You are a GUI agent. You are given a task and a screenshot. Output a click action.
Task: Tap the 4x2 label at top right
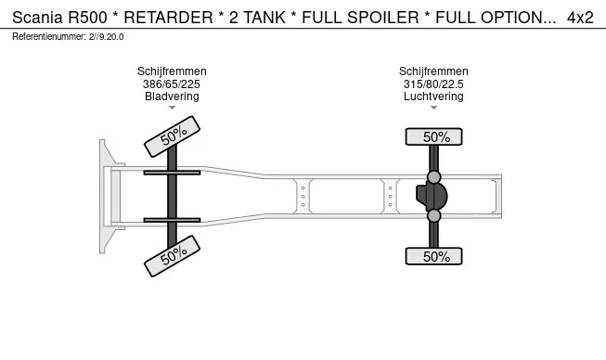(x=580, y=18)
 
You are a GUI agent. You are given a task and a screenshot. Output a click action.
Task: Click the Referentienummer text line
(x=68, y=36)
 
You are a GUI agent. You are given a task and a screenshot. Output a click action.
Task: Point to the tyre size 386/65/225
(x=172, y=84)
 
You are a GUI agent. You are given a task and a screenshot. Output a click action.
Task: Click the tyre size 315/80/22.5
(x=433, y=84)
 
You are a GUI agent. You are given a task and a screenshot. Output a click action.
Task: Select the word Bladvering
(x=172, y=96)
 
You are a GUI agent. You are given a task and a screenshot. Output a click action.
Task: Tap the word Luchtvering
(x=433, y=96)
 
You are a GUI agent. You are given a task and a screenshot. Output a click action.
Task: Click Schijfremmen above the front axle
(x=172, y=71)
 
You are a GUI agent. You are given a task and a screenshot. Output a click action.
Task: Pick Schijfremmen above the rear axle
(x=433, y=71)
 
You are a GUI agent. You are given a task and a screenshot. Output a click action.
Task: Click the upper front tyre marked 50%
(x=173, y=136)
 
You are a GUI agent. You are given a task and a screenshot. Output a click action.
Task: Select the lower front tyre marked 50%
(x=173, y=256)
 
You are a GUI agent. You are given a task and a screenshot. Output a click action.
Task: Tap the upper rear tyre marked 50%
(x=434, y=137)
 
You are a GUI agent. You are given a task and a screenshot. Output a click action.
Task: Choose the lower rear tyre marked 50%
(x=434, y=256)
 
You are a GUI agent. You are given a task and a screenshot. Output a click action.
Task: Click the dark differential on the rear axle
(x=432, y=197)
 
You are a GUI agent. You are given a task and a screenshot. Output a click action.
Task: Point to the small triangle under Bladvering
(x=172, y=108)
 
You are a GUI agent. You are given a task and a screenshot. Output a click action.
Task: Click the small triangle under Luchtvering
(x=433, y=108)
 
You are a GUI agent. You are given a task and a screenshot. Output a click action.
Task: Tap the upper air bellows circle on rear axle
(x=433, y=176)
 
